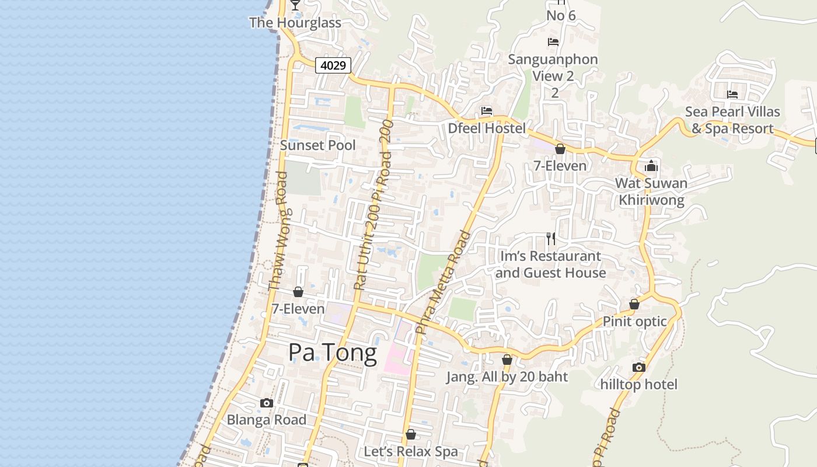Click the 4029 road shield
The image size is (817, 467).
333,65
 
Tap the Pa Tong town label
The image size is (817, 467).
333,353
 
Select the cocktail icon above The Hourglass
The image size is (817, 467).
295,5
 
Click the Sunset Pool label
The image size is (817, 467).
318,145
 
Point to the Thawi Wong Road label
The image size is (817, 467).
278,231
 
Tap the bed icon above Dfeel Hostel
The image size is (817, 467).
487,111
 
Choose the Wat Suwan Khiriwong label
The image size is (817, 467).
651,191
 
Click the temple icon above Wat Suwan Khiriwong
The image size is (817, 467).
651,166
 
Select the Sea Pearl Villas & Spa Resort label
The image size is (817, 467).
732,120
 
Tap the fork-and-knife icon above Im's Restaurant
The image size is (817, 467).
550,238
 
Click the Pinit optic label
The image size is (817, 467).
634,322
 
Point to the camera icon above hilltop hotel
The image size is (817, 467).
639,367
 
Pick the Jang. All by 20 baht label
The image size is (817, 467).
507,377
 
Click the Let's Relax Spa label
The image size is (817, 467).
411,452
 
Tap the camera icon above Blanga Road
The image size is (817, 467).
267,403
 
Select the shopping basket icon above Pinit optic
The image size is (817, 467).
634,304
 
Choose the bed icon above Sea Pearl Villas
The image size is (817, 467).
732,95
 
